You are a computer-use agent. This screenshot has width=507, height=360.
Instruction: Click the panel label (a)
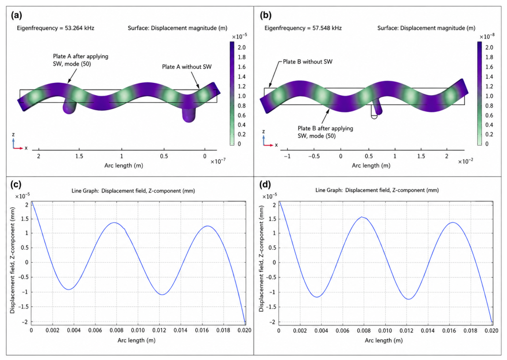[16, 15]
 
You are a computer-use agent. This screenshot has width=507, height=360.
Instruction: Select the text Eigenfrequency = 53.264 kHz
[56, 28]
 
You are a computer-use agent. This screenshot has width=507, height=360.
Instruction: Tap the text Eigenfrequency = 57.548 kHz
[303, 28]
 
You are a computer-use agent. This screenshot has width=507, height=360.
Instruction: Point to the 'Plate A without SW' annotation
[187, 67]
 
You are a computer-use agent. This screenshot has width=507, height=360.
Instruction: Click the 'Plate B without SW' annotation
[307, 62]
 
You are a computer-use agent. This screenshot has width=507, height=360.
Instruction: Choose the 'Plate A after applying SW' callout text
[81, 60]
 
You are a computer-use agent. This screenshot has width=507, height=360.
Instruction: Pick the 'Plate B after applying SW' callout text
[325, 132]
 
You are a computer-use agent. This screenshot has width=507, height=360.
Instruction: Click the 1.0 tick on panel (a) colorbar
[242, 96]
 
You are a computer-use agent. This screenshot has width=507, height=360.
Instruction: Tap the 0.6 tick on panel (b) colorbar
[489, 115]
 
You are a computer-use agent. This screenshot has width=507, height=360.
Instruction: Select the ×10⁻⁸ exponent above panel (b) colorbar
[487, 36]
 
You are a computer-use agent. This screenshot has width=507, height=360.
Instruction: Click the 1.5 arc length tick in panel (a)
[79, 156]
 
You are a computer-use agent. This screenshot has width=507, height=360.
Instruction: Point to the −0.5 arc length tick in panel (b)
[313, 156]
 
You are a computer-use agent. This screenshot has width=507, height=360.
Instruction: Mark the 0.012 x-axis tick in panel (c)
[159, 330]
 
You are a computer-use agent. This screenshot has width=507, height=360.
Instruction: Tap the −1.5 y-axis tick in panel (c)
[24, 306]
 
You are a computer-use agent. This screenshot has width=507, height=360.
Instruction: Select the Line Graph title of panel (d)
[377, 190]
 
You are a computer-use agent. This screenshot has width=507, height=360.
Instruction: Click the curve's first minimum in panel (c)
[69, 289]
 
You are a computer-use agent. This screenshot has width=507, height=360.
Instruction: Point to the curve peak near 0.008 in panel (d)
[362, 217]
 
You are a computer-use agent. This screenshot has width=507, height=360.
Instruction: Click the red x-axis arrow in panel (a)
[18, 148]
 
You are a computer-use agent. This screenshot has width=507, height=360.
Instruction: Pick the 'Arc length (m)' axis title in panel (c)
[136, 340]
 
